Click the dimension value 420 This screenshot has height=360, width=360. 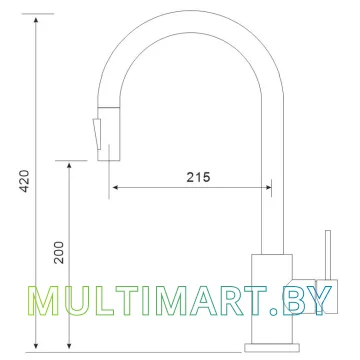25,181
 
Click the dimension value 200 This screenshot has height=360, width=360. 59,252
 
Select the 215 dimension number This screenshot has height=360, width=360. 198,177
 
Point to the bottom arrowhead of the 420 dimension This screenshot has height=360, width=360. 36,346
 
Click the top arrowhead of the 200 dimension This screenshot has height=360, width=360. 69,166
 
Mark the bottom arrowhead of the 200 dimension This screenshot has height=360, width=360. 69,346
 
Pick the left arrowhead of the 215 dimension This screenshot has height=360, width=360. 116,188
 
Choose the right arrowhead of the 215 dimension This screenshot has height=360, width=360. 267,188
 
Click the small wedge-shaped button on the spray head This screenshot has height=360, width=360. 96,134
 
